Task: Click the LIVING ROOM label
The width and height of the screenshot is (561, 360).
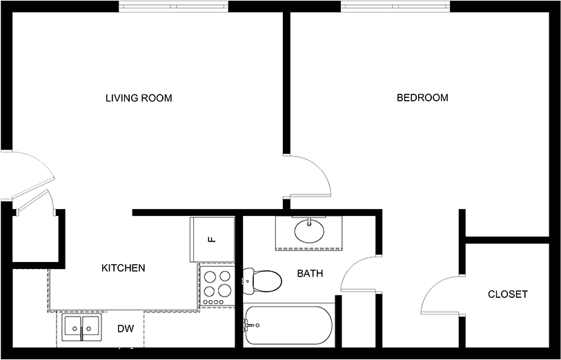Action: click(139, 98)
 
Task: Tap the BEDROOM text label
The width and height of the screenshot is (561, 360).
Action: click(422, 98)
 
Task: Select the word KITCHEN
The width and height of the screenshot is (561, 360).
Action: click(124, 268)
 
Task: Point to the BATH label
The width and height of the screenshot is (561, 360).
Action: click(311, 274)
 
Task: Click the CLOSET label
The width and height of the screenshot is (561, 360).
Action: click(508, 294)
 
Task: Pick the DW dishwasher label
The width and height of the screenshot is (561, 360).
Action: click(126, 328)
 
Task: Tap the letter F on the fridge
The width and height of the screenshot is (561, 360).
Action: click(212, 239)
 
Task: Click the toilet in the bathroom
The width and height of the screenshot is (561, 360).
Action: click(262, 281)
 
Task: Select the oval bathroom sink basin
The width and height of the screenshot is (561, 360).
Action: click(309, 231)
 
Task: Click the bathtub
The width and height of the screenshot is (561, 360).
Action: click(288, 326)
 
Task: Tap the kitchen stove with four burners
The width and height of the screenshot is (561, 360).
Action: click(217, 286)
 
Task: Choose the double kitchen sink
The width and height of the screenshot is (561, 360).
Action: click(81, 328)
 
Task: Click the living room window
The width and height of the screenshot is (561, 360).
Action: click(173, 6)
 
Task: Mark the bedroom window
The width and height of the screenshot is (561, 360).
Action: click(395, 6)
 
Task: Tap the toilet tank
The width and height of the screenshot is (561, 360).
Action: click(248, 281)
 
